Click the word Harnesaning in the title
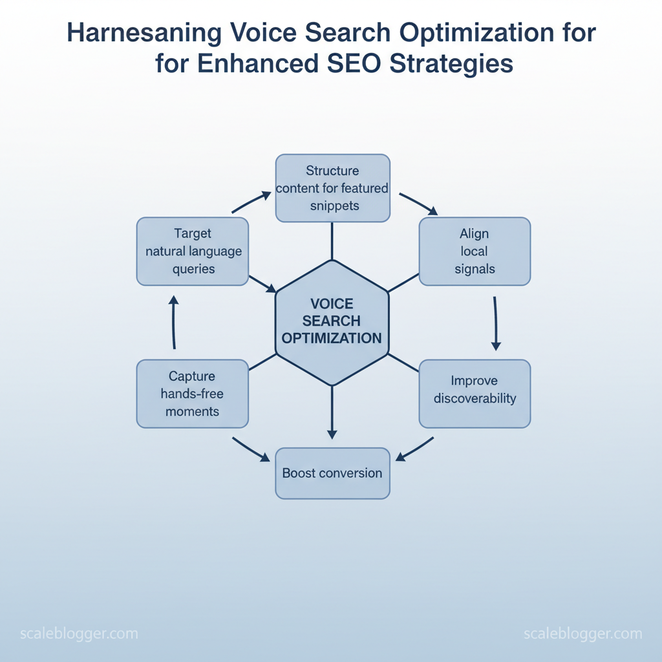click(144, 34)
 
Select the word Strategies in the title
click(451, 65)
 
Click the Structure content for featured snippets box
click(333, 188)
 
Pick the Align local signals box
click(475, 251)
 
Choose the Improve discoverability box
click(475, 394)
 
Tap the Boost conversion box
click(333, 473)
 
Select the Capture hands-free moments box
click(193, 394)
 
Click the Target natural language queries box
click(193, 251)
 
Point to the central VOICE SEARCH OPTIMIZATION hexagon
click(332, 323)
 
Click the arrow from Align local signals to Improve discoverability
click(496, 323)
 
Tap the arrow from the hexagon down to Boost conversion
click(332, 412)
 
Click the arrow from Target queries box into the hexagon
click(262, 284)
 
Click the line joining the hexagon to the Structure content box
click(332, 241)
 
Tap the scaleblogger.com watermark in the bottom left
click(79, 634)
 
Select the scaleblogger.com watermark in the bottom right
click(583, 634)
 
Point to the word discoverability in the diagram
click(475, 398)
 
